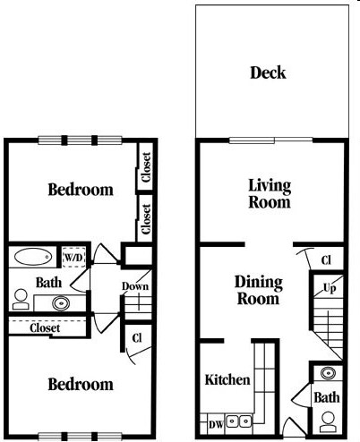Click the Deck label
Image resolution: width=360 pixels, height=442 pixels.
(x=268, y=72)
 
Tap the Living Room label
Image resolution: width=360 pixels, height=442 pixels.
(x=270, y=194)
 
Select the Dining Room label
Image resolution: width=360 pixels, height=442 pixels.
(x=259, y=290)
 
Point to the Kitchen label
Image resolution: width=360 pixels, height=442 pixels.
(x=227, y=379)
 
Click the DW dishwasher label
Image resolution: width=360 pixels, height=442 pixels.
(x=216, y=425)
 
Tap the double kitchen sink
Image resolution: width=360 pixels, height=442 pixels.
(x=238, y=421)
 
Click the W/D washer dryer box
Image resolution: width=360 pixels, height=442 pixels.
(x=73, y=257)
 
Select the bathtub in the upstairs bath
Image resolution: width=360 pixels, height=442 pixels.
(x=33, y=257)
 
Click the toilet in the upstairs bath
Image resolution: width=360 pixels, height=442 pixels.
(x=21, y=299)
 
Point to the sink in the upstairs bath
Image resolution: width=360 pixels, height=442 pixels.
(x=61, y=303)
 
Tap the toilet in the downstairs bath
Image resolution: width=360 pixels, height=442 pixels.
(x=328, y=421)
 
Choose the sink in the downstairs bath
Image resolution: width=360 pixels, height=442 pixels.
(x=328, y=373)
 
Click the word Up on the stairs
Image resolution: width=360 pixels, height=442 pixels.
(x=330, y=288)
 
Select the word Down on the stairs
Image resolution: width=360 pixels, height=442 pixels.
(x=135, y=286)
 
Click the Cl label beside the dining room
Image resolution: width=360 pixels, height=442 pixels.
(x=326, y=260)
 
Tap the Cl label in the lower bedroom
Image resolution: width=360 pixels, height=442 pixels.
(x=137, y=338)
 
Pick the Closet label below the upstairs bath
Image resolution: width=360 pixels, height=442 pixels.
(x=45, y=328)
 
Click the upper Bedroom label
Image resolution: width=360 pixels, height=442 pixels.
(x=81, y=190)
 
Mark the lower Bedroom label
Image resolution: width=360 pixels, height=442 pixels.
(x=81, y=384)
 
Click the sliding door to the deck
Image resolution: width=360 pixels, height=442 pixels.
(x=270, y=140)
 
